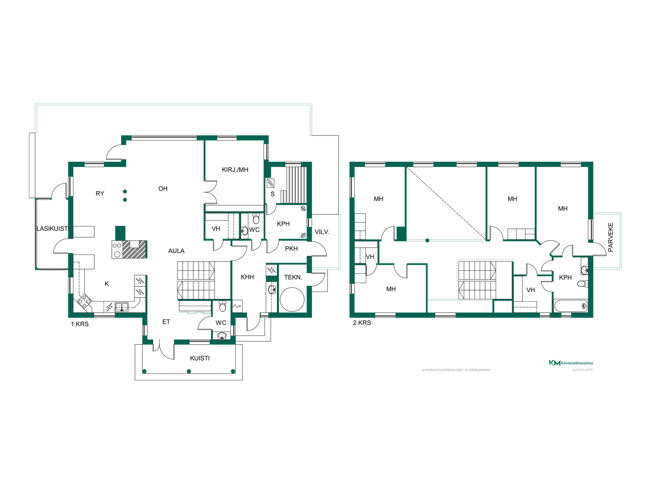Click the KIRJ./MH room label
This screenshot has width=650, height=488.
tap(235, 169)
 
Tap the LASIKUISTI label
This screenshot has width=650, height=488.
tap(53, 229)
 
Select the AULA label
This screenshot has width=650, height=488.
tap(176, 251)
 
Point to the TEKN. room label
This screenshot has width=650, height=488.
tap(293, 277)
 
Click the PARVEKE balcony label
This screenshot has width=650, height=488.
tap(611, 237)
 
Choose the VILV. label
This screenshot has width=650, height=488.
tap(322, 232)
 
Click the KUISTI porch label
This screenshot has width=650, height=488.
tap(200, 358)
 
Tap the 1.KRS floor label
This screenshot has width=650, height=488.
tap(80, 324)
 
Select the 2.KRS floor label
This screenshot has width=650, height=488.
tap(362, 323)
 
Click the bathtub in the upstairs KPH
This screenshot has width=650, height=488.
tap(571, 306)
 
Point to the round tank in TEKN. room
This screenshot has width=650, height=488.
tap(292, 299)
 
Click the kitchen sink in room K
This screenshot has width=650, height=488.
tap(122, 307)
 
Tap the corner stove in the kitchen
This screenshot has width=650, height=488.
tap(85, 301)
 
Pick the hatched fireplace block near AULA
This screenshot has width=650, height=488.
tap(134, 249)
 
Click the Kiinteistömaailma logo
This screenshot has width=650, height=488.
tap(571, 363)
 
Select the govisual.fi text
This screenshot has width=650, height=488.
tap(583, 370)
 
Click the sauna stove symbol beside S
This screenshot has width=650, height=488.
tap(270, 183)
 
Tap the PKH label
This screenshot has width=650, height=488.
tap(291, 248)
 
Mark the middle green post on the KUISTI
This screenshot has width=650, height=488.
tap(189, 371)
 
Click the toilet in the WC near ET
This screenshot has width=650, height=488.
tap(222, 306)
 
